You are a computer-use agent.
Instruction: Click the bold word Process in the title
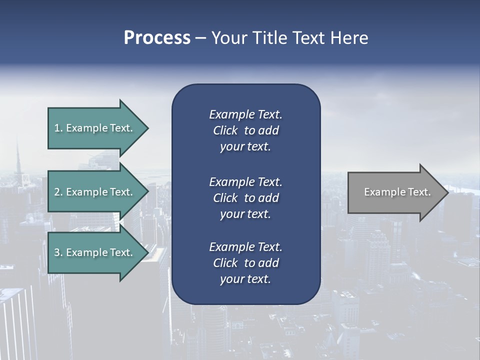157,38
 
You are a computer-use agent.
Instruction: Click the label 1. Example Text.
93,128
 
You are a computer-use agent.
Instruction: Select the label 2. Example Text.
93,192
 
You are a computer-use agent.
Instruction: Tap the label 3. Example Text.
93,252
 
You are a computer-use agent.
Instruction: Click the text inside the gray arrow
397,192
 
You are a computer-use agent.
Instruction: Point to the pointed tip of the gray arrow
448,192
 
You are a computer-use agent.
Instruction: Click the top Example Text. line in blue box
245,114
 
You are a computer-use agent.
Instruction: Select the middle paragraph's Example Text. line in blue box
245,181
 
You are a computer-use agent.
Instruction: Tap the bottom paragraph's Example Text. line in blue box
245,247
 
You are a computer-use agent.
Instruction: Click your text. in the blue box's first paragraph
245,147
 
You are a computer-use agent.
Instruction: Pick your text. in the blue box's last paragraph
245,279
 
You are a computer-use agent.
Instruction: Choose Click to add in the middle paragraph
245,198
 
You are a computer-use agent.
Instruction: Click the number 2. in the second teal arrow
58,192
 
